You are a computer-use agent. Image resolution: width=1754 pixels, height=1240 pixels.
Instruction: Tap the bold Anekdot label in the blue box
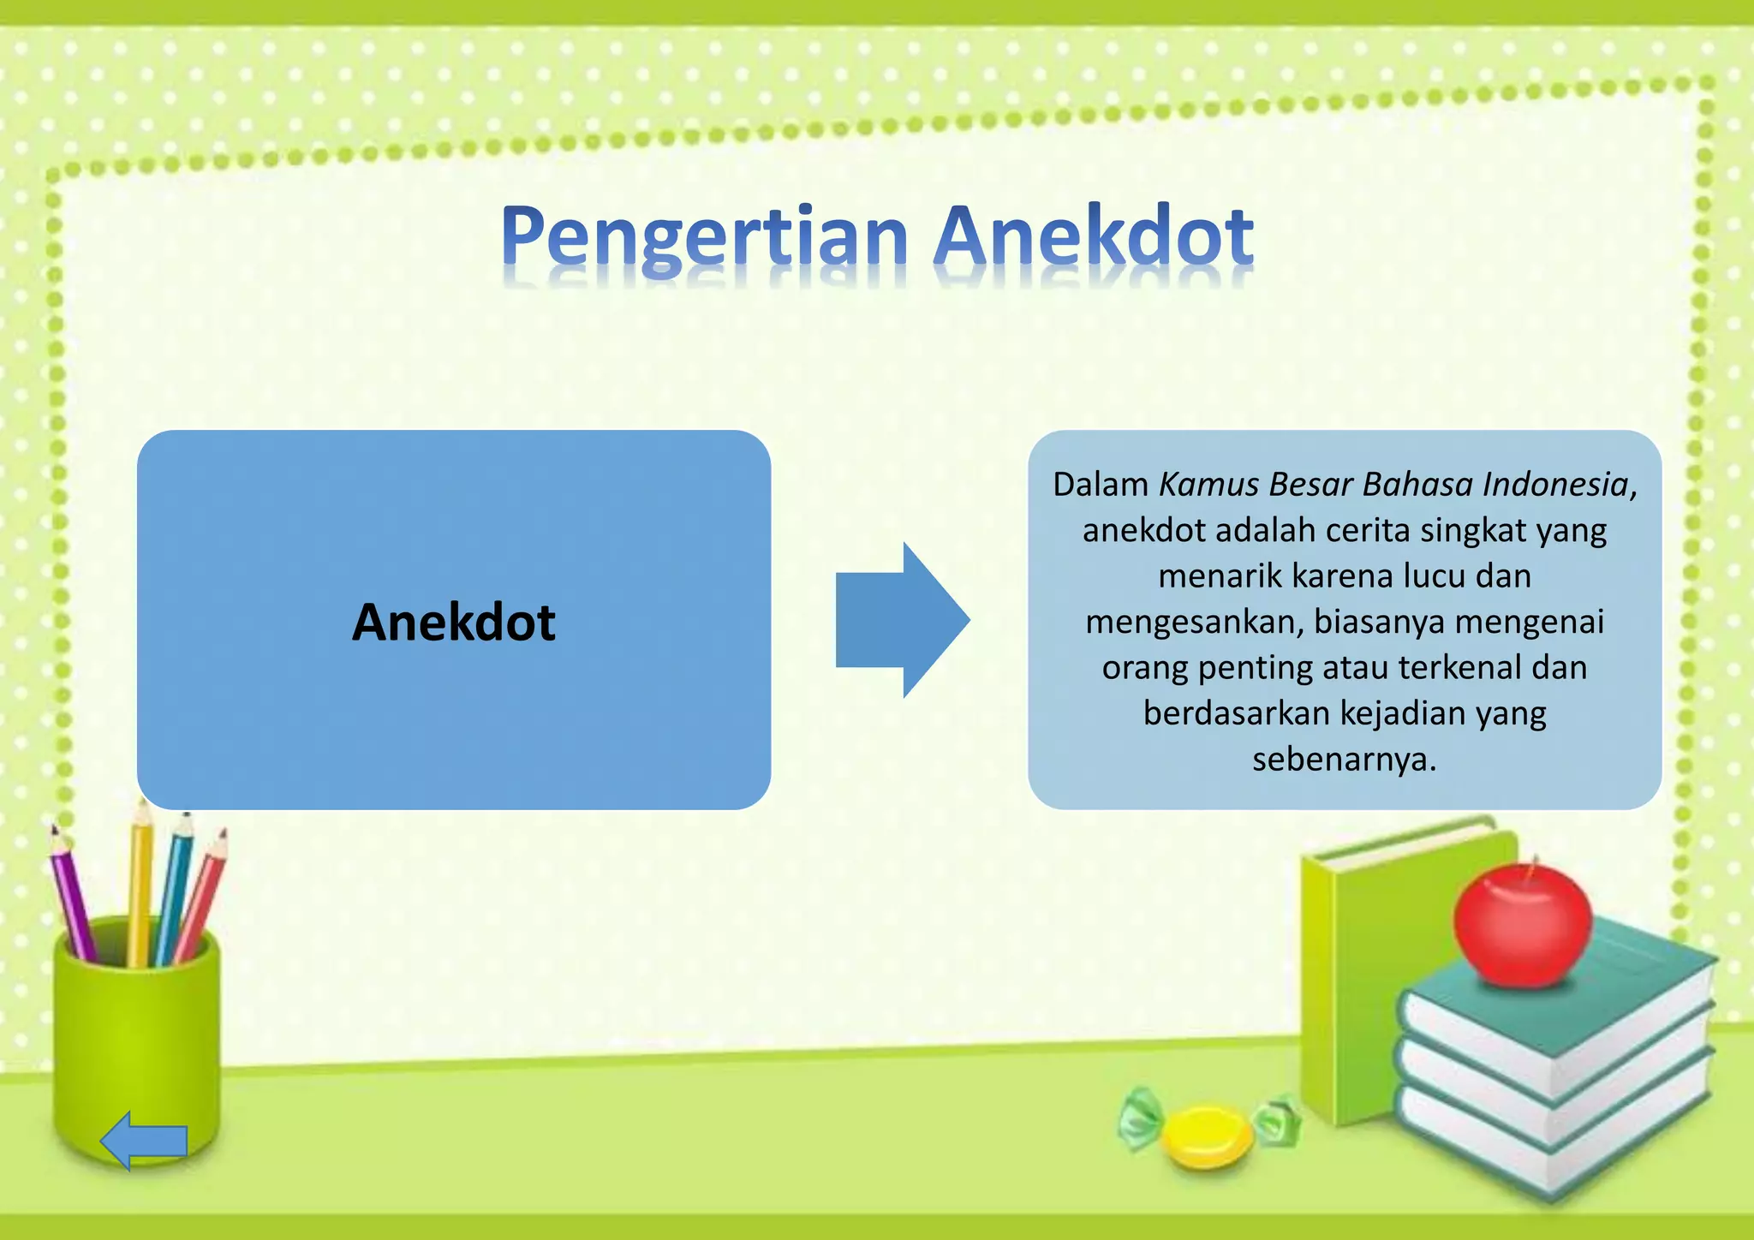453,622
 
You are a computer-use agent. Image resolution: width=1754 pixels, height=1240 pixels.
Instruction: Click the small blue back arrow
143,1140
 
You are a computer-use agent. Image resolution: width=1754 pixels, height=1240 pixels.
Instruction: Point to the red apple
1522,925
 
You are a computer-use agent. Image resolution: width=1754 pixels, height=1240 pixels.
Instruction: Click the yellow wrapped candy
1208,1135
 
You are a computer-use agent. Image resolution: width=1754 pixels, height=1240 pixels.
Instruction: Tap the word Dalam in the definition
1100,485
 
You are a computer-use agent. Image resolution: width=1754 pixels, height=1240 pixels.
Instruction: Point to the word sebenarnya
1343,760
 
